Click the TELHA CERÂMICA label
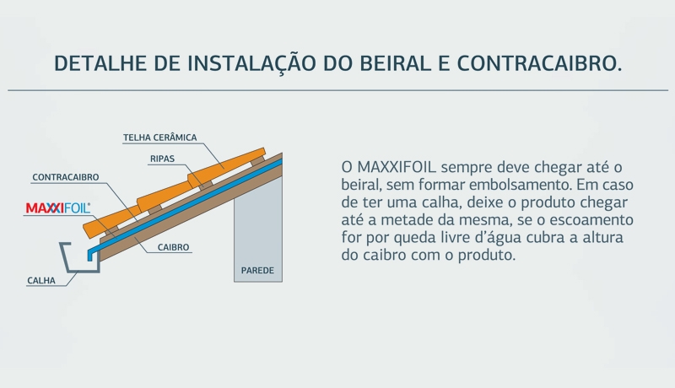click(159, 137)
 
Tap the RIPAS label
click(162, 159)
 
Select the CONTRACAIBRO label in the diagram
click(66, 177)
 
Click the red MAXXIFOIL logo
click(58, 208)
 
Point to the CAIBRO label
click(173, 247)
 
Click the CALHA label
click(41, 281)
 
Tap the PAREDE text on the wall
click(257, 271)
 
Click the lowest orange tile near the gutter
click(111, 223)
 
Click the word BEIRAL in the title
click(395, 63)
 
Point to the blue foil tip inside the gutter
click(90, 256)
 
